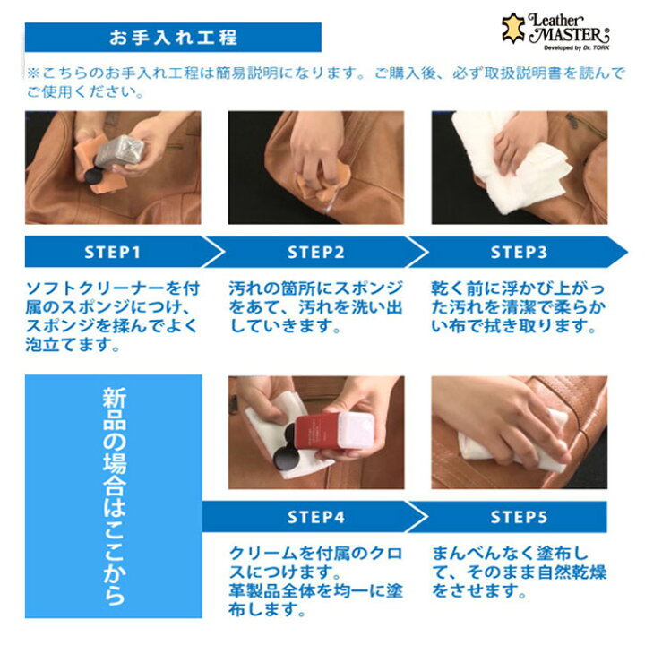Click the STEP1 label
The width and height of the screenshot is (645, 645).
(x=112, y=252)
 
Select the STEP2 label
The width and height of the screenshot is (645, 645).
(x=315, y=252)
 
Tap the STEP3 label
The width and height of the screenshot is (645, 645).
(x=519, y=252)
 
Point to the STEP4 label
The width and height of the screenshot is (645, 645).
(x=315, y=517)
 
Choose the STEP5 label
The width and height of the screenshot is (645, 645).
(x=519, y=517)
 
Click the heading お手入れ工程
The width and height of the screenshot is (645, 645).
(x=173, y=38)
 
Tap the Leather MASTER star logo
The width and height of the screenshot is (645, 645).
(x=512, y=28)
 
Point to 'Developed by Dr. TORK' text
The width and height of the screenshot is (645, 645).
(x=576, y=48)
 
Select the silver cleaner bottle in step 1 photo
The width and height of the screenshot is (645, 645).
(x=119, y=152)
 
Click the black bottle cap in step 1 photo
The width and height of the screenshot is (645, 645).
(x=91, y=176)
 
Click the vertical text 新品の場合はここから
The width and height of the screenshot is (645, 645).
(x=114, y=496)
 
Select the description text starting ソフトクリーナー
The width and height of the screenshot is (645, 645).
(x=113, y=316)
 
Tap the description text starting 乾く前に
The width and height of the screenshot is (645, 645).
(x=518, y=307)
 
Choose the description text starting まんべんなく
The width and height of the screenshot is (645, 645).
(x=519, y=572)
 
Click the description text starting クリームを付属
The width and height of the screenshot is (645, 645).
(x=315, y=580)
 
